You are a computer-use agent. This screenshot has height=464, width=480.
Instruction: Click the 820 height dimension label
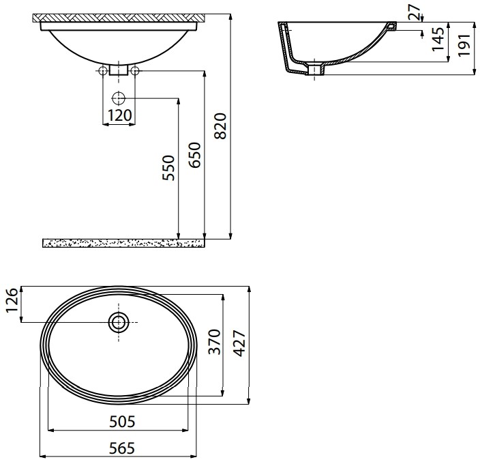coord(220,126)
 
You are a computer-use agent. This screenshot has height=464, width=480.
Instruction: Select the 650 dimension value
coord(195,155)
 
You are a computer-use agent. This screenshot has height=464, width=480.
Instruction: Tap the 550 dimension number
coord(168,168)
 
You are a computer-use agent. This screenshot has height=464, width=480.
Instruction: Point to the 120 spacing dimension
coord(120,115)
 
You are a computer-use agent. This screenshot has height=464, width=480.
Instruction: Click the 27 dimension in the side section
coord(415,12)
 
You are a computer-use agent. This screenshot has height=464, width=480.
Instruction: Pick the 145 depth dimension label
coord(438,39)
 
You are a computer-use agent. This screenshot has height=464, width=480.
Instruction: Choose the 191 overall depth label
coord(464,45)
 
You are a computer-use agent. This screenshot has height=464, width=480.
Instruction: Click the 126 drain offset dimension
coord(12,300)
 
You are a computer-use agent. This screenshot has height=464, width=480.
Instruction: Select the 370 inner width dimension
coord(214,342)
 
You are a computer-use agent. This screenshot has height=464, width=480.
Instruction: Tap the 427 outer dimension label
coord(240,343)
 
